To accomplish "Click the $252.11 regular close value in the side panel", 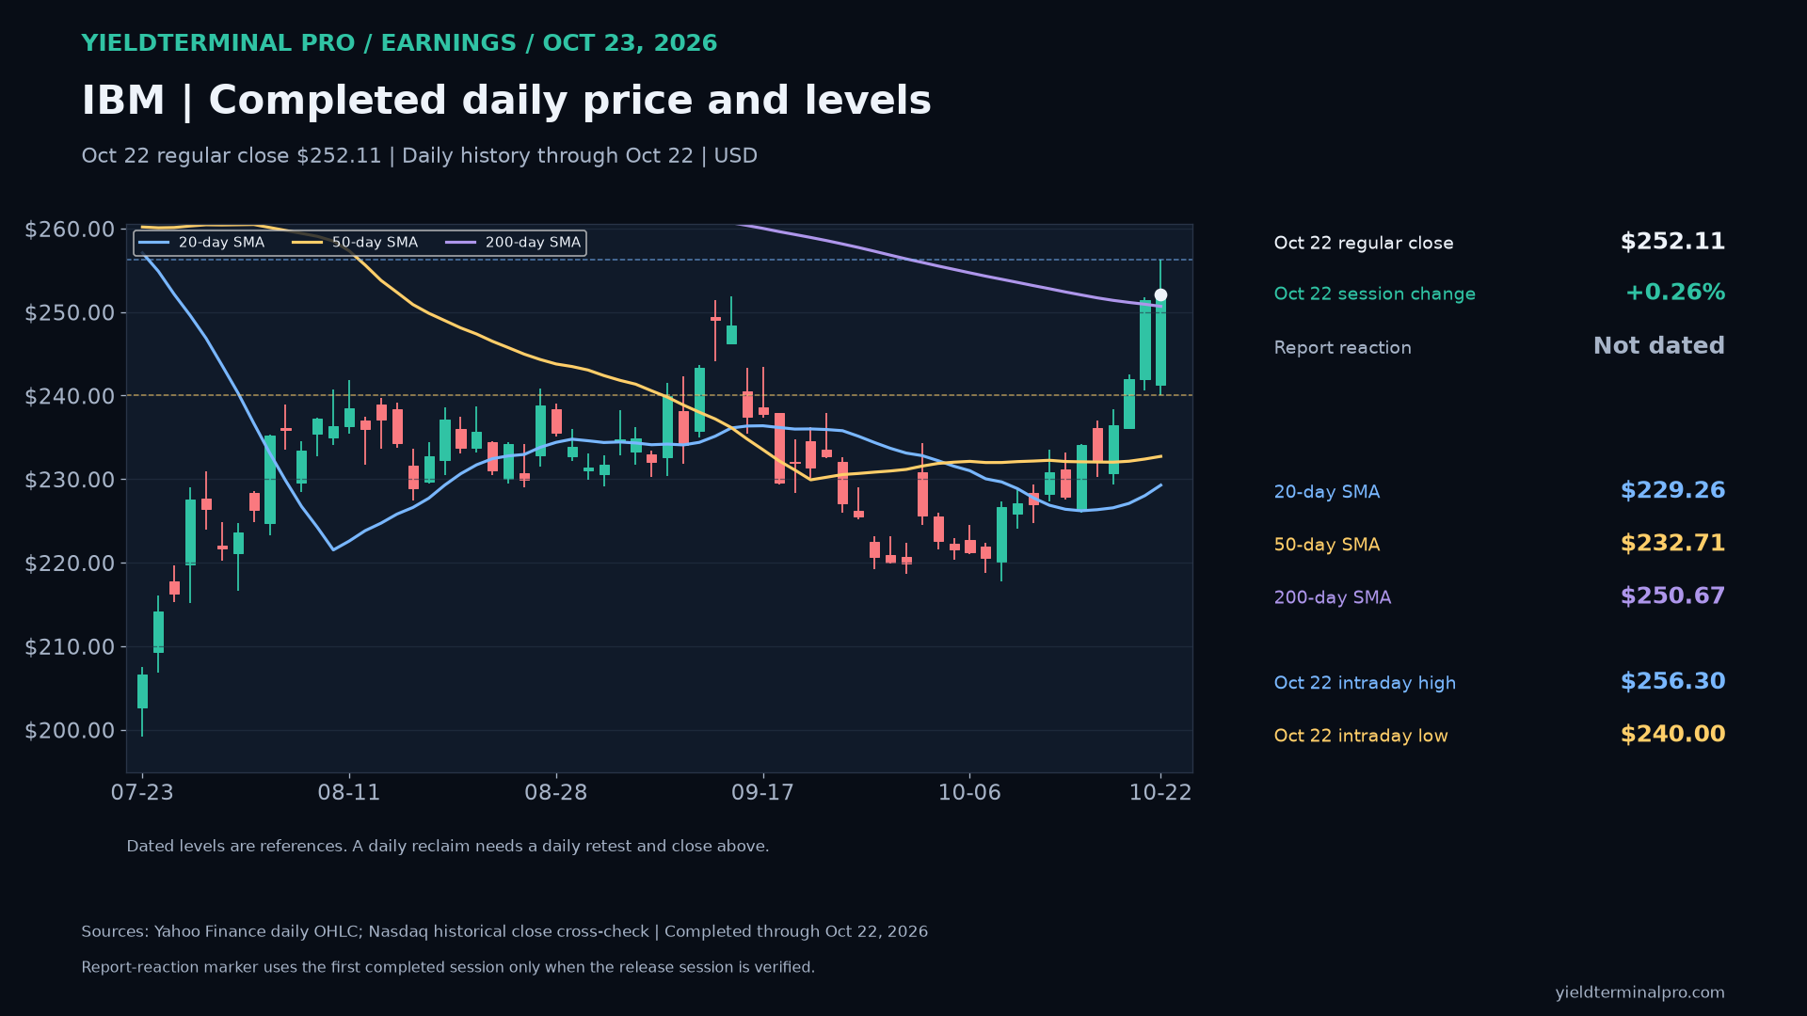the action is click(1672, 242).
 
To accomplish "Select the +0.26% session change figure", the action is click(1675, 293).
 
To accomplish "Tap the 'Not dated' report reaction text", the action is click(1659, 346).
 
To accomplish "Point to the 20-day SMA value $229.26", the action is click(1672, 491).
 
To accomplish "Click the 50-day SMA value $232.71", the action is click(1672, 544).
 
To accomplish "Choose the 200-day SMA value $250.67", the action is click(1672, 596).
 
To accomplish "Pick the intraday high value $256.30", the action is click(1672, 682).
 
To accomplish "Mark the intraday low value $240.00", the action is click(1672, 735).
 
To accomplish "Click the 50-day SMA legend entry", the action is click(355, 243).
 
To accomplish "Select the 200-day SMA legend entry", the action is click(513, 243).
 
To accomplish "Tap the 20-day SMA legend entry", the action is click(201, 243).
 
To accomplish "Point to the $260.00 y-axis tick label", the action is click(70, 230).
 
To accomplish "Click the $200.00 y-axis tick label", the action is click(70, 731).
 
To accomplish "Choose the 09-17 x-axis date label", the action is click(762, 793).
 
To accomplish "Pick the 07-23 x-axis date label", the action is click(142, 793).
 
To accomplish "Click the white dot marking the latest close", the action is click(1160, 295).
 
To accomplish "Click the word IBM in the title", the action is click(123, 101).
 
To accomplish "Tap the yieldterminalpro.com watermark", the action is click(1639, 992).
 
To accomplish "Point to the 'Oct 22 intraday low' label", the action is click(1361, 736).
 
